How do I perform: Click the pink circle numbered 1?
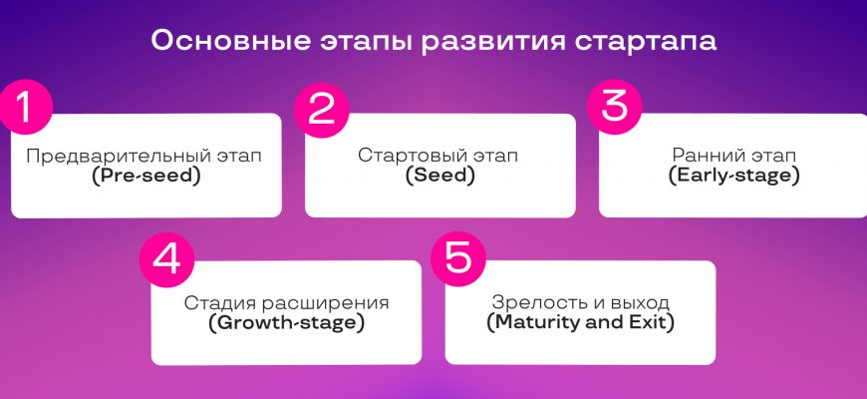click(25, 108)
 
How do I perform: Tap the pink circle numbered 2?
click(321, 110)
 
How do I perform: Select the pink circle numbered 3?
click(614, 107)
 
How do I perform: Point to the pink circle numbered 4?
click(166, 259)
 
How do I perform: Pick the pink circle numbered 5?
click(457, 258)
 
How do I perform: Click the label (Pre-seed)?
click(146, 177)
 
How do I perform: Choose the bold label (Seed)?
click(440, 177)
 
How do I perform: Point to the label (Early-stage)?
click(733, 177)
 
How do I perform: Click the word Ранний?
click(707, 156)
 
